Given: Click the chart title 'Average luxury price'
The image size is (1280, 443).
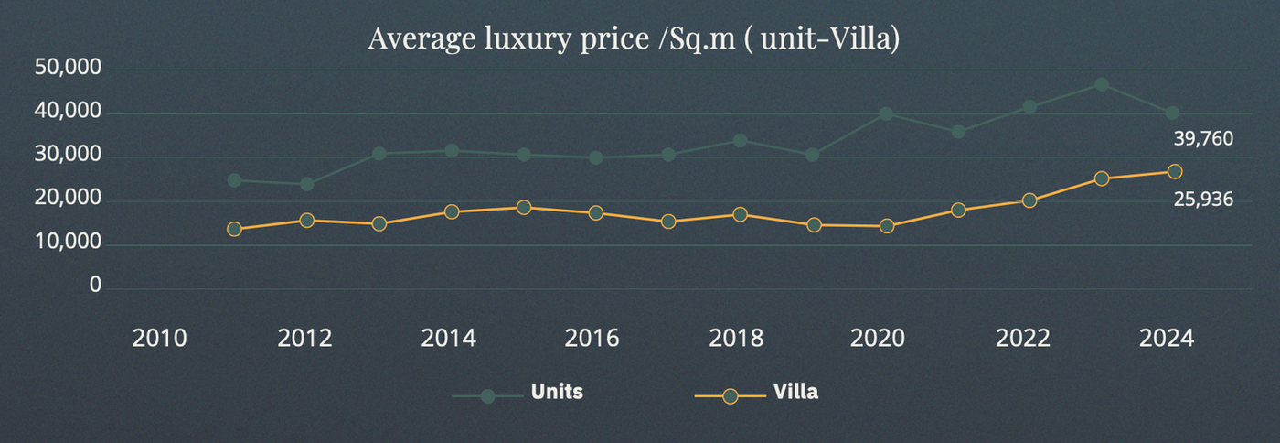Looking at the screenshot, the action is [x=509, y=39].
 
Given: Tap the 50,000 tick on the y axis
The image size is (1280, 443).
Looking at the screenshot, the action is [x=68, y=68].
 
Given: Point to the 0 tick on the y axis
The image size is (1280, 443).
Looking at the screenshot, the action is [x=95, y=285].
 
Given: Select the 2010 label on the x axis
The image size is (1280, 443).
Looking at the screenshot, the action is [x=159, y=339].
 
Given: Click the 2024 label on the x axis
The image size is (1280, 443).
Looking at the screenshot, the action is [x=1167, y=339].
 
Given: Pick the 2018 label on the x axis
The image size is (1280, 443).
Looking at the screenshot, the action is [x=736, y=339].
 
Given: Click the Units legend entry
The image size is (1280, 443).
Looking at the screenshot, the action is [x=517, y=393].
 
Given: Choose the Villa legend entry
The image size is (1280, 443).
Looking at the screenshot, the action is [x=757, y=393].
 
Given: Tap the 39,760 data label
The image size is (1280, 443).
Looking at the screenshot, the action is [x=1203, y=138].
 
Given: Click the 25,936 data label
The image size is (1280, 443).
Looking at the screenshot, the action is [x=1203, y=200].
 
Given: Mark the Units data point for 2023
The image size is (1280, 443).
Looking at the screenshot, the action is [x=1102, y=85].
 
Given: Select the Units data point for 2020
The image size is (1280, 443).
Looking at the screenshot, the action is [x=886, y=113].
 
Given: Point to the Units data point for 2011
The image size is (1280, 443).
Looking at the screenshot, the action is [x=234, y=180].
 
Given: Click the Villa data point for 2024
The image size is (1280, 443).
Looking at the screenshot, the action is [x=1175, y=172].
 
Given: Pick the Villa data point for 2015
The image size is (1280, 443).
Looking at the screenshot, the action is [x=524, y=207].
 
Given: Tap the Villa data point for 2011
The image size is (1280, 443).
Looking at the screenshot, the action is [x=234, y=230].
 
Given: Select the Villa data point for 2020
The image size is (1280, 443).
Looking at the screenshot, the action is [x=887, y=226].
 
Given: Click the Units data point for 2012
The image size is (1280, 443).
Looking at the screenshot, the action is [x=307, y=184].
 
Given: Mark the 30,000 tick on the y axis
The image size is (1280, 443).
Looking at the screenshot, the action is [x=68, y=155].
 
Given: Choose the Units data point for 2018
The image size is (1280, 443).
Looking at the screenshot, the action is [x=740, y=140].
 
